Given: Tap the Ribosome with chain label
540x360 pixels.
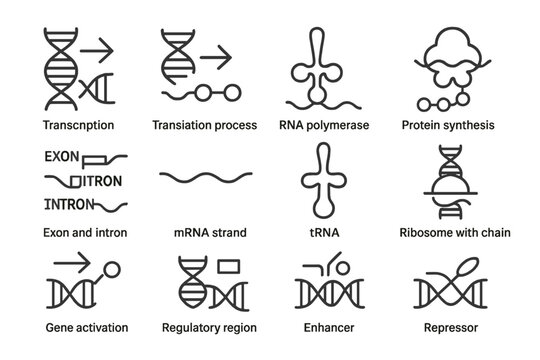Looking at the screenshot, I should point(456,233).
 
